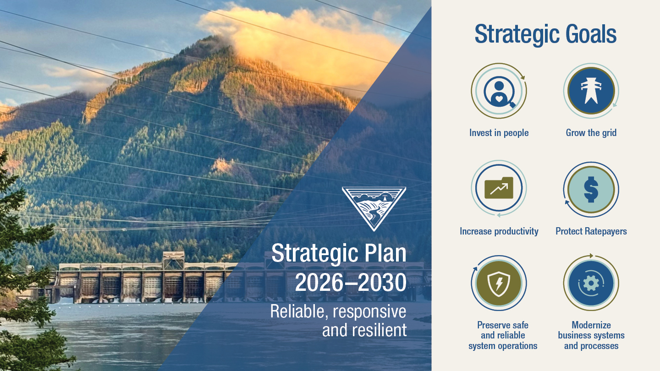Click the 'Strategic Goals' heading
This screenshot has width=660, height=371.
(545, 34)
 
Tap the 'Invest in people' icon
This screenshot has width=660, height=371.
(499, 91)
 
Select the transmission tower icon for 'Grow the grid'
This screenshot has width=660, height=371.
(591, 91)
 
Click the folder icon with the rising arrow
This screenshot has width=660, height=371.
(499, 188)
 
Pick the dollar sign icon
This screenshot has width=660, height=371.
(591, 189)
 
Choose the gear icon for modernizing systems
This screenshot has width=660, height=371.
(591, 283)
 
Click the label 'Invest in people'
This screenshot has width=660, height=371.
(499, 133)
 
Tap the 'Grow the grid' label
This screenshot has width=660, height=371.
(591, 133)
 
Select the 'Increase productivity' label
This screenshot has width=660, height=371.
(499, 231)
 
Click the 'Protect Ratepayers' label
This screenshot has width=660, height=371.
(591, 231)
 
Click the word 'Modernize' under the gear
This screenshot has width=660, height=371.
(591, 325)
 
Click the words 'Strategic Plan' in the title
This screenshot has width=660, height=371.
(339, 253)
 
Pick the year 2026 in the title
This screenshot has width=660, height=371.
(319, 282)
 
